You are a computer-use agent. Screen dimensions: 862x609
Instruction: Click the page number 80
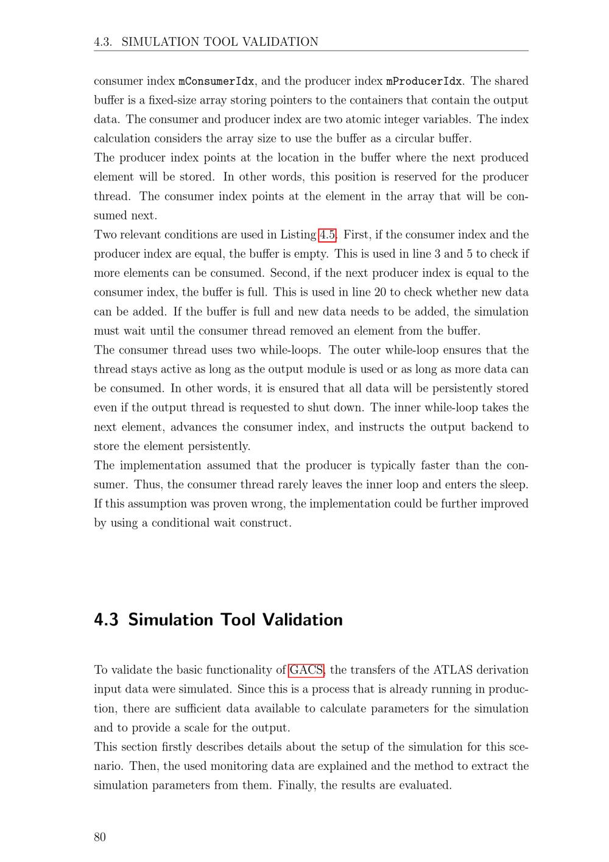tap(100, 837)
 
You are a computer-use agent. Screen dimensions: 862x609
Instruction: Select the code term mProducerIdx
tap(424, 81)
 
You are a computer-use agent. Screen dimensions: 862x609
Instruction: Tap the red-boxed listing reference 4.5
tap(328, 235)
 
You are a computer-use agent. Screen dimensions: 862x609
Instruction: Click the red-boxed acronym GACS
tap(306, 670)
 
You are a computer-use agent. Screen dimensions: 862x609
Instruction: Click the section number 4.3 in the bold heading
tap(106, 620)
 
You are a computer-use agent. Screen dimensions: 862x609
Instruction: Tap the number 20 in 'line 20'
tap(380, 292)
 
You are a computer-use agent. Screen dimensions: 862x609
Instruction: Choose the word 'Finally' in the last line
tap(296, 785)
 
